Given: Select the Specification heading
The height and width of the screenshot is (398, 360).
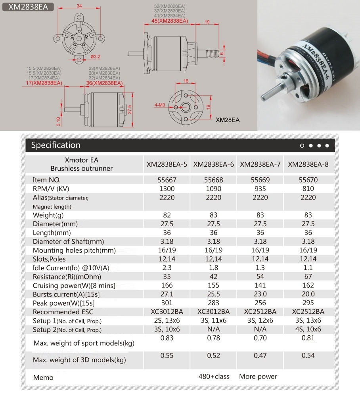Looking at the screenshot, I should (x=56, y=145).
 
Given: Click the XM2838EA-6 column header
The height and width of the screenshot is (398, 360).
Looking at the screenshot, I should (x=213, y=164).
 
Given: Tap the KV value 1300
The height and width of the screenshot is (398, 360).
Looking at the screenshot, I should (x=167, y=188).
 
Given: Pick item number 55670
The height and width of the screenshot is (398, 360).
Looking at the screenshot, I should (x=308, y=180).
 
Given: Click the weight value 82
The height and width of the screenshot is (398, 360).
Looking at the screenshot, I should (x=167, y=215).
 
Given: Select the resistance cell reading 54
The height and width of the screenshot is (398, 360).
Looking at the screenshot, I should (x=260, y=277).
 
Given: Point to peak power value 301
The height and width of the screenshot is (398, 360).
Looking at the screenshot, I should (x=167, y=303).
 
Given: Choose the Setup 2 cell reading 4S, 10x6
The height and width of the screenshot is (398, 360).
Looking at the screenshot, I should (x=308, y=329).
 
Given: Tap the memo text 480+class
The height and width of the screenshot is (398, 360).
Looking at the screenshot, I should (x=214, y=376).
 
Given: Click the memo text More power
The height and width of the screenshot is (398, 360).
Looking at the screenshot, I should (x=258, y=376).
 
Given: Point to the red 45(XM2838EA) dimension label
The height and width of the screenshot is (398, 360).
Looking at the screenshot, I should (x=170, y=21).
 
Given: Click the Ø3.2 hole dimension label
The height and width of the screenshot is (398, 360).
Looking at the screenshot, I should (x=95, y=56).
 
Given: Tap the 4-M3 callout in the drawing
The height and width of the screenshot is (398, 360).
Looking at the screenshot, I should (x=161, y=105).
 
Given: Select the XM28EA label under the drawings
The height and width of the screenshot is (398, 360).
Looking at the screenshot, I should (x=228, y=119).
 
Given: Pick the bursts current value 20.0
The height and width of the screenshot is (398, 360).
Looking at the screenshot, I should (x=308, y=294).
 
